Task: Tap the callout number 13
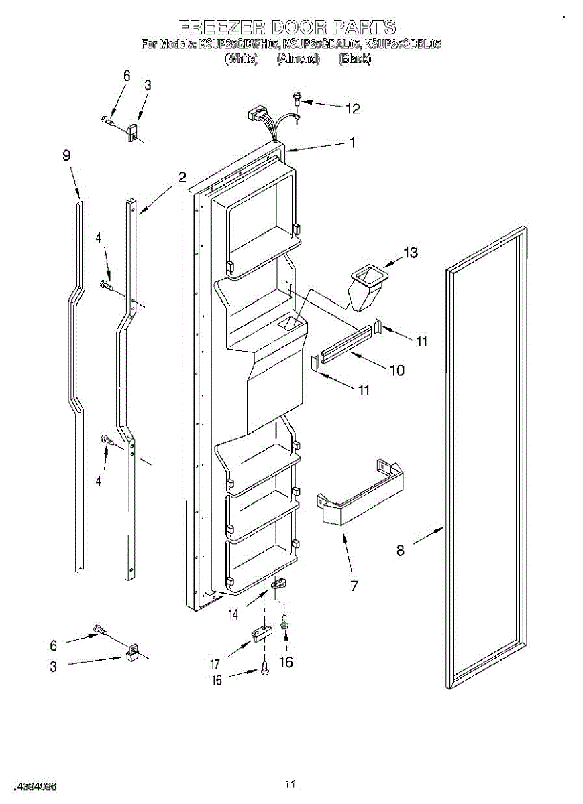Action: pyautogui.click(x=410, y=253)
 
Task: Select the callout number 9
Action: pyautogui.click(x=66, y=155)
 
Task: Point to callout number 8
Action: pyautogui.click(x=401, y=551)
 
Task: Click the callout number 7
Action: pyautogui.click(x=354, y=586)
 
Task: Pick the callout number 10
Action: pyautogui.click(x=397, y=370)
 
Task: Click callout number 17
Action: pyautogui.click(x=215, y=664)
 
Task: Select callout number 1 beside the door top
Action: pyautogui.click(x=352, y=142)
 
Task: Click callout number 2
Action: pyautogui.click(x=182, y=177)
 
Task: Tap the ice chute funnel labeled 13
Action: pyautogui.click(x=366, y=284)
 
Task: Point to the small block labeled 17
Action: pyautogui.click(x=260, y=633)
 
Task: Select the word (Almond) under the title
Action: pyautogui.click(x=298, y=59)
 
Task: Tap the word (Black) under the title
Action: pyautogui.click(x=354, y=59)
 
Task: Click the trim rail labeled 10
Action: pyautogui.click(x=345, y=343)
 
